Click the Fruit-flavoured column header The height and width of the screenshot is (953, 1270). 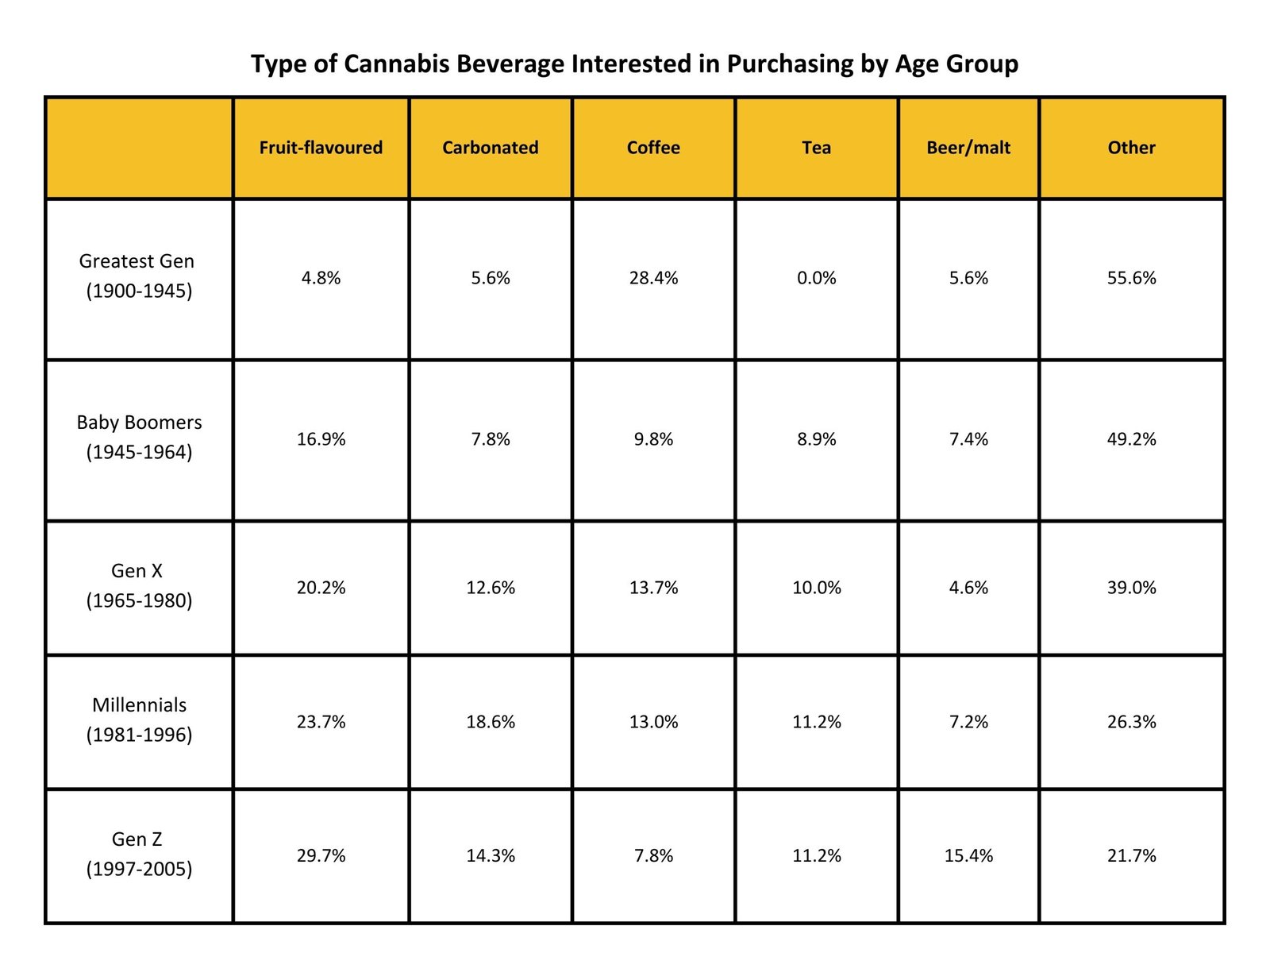pos(321,148)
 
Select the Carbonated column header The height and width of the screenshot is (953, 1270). pos(490,148)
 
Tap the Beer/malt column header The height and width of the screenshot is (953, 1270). pos(968,148)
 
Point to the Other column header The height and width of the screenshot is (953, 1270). pos(1131,148)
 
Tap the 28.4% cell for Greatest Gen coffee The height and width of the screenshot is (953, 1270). pos(653,278)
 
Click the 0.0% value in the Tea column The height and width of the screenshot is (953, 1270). pos(816,278)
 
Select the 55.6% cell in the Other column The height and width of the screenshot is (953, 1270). pos(1131,278)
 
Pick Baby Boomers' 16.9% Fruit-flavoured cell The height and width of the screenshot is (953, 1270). pos(321,439)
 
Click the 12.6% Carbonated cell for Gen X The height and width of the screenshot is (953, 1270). pos(490,588)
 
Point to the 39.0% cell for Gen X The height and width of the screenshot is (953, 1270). pos(1131,588)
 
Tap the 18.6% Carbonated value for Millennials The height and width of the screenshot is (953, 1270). pos(490,722)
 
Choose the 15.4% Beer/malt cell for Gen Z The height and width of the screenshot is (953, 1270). pos(968,856)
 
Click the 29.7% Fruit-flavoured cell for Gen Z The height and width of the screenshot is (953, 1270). pos(321,856)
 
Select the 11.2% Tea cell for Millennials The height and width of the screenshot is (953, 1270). pos(816,722)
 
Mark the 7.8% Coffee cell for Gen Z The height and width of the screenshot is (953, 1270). pos(653,856)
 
